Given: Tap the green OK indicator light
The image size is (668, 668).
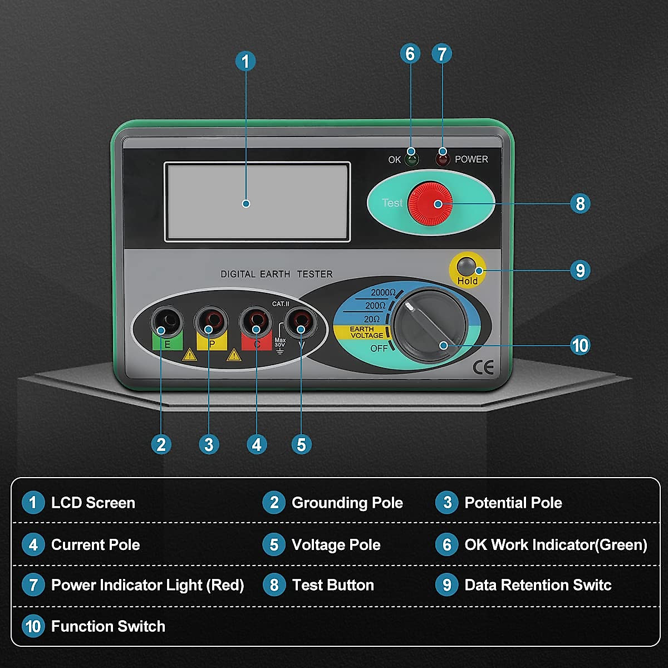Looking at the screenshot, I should [411, 160].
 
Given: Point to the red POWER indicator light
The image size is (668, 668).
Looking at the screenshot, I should [443, 160].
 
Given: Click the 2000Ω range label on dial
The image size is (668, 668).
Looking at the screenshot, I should [383, 293].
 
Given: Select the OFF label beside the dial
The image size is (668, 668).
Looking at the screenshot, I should [379, 348].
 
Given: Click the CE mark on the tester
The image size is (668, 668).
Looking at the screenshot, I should [483, 367].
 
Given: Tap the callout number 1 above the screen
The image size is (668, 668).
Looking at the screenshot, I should [245, 61].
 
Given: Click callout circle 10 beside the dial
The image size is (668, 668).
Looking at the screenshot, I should [580, 345].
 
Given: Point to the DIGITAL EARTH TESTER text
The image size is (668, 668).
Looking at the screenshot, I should [276, 274].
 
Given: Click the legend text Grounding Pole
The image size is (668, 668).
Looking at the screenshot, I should [347, 503].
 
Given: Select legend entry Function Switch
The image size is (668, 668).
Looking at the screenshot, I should [108, 626].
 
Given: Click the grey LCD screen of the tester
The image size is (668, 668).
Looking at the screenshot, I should [257, 202].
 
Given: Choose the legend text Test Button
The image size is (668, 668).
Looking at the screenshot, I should [333, 585].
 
